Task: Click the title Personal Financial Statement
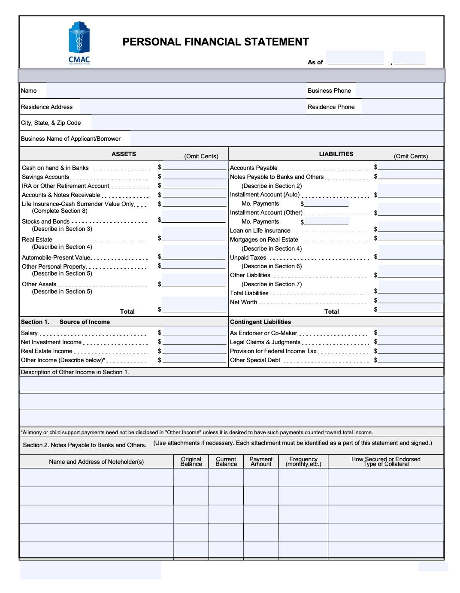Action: point(215,42)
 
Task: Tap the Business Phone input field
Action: point(399,91)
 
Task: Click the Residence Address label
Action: point(47,107)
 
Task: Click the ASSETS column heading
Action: point(124,154)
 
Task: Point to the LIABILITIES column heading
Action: point(336,154)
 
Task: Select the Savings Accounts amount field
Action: point(194,175)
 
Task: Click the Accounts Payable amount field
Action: point(411,166)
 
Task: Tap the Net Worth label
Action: point(243,302)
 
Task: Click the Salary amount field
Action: point(194,331)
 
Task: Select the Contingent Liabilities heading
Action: point(260,322)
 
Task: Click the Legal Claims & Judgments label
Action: point(265,342)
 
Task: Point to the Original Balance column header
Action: point(191,462)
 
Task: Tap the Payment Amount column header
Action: point(261,462)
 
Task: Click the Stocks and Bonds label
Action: point(45,221)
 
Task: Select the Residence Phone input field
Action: point(402,107)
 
